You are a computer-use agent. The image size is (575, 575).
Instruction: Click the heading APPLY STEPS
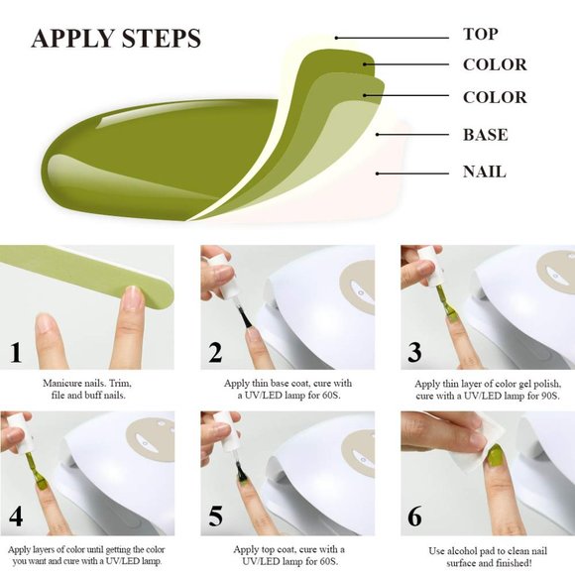point(116,39)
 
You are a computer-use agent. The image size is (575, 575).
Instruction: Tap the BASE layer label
point(485,135)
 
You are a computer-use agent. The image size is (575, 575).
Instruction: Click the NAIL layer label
point(484,172)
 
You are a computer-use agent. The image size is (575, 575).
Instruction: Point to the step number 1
point(16,352)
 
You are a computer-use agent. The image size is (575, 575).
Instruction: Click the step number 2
point(215,352)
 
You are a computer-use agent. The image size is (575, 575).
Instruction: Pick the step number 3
point(414,352)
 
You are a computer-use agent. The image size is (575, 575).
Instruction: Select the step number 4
point(16,517)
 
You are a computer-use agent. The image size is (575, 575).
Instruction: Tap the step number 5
point(215,517)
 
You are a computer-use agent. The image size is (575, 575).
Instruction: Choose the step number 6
point(414,517)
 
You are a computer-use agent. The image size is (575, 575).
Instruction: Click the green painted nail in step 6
point(493,457)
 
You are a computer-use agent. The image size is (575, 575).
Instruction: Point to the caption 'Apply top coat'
point(288,555)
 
